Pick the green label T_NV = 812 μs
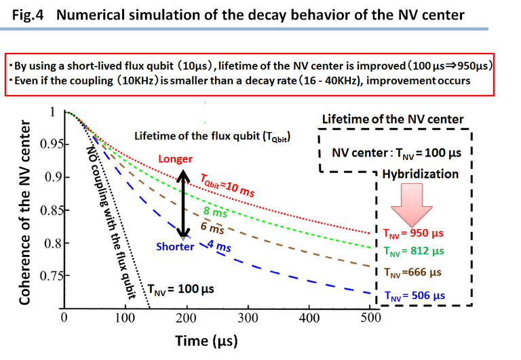413,251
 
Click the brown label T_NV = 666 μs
413,273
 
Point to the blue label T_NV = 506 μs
413,296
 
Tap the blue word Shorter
176,247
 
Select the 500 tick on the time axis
370,318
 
